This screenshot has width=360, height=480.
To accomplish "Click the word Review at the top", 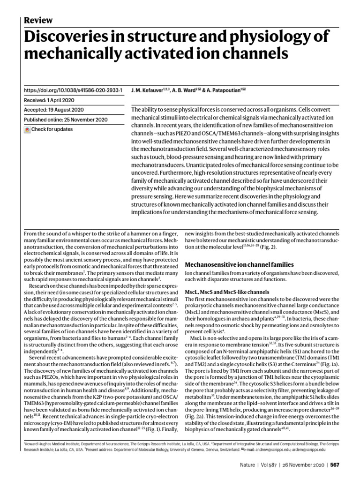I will (38, 20).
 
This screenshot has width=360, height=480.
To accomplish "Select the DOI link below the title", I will (73, 90).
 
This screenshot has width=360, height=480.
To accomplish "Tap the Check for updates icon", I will (27, 129).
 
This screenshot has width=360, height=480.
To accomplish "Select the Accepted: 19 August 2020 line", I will (53, 110).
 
